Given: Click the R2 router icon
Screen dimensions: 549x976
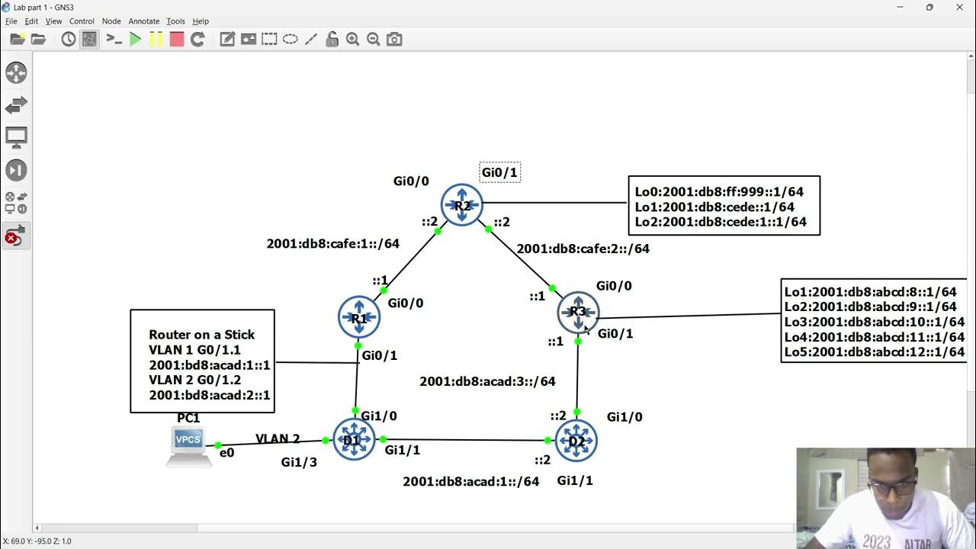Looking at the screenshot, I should point(462,205).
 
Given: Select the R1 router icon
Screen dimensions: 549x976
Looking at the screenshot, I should point(359,317).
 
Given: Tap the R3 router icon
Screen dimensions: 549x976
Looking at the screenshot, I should point(578,312).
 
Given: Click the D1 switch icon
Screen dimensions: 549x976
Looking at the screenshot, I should point(354,440).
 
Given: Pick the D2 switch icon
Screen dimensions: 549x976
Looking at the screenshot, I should point(576,441).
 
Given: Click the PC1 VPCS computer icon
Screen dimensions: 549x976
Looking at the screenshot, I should point(188,445).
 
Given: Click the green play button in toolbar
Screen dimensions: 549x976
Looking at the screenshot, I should point(136,40).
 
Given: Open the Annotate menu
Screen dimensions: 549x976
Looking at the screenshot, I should point(144,21).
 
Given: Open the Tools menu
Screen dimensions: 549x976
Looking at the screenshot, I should point(175,21).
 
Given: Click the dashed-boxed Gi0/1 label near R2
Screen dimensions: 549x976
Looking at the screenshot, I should point(499,173).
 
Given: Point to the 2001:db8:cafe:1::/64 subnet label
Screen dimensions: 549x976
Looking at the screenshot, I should point(332,244).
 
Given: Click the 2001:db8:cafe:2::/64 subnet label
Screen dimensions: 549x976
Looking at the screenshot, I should point(583,249).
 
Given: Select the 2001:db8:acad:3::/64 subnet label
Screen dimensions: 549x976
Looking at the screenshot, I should point(487,381).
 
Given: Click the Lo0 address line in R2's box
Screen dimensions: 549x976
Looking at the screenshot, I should point(719,192).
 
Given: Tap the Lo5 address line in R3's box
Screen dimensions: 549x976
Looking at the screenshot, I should point(874,352).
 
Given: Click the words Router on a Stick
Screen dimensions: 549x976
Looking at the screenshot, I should point(201,335).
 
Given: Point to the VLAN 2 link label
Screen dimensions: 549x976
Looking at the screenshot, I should point(278,438).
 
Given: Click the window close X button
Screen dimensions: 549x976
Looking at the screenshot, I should point(959,8).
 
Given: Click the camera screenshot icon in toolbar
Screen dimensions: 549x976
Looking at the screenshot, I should point(394,40).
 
